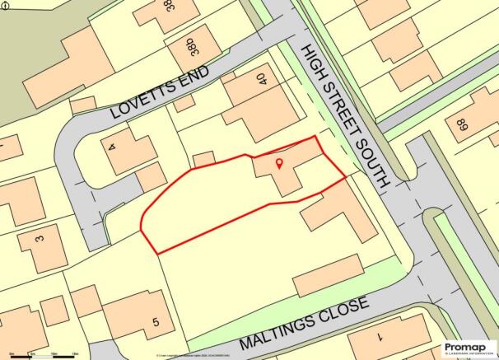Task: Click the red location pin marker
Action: [278, 163]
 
